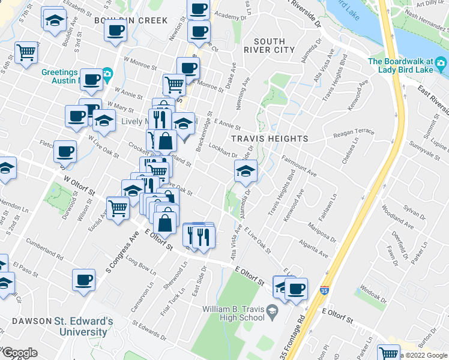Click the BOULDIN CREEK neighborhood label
click(131, 20)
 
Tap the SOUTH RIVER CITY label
click(274, 45)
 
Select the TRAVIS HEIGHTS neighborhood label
click(270, 139)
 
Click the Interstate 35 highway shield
click(324, 289)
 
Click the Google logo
click(19, 353)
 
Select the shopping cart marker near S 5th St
click(26, 53)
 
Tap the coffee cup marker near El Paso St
click(83, 279)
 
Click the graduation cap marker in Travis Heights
click(245, 171)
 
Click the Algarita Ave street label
click(315, 250)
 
